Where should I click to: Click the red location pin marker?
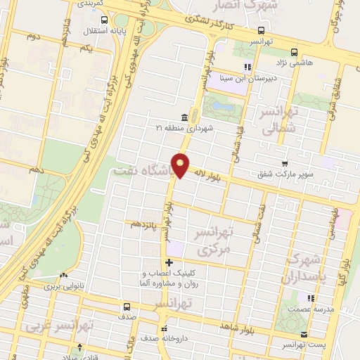click(x=181, y=165)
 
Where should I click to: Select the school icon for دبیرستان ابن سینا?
click(x=247, y=67)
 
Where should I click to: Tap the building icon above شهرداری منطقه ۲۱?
click(x=184, y=117)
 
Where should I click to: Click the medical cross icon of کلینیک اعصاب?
click(x=167, y=263)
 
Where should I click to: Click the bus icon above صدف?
click(x=127, y=307)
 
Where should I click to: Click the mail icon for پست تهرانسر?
click(x=304, y=335)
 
